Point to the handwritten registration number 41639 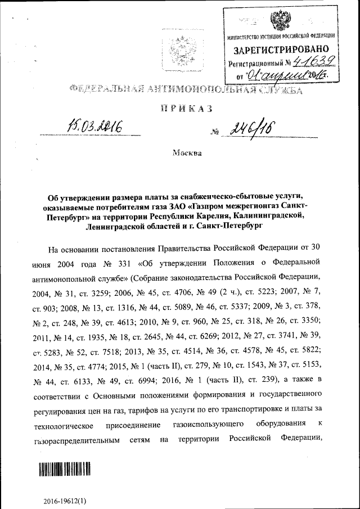(312, 61)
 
